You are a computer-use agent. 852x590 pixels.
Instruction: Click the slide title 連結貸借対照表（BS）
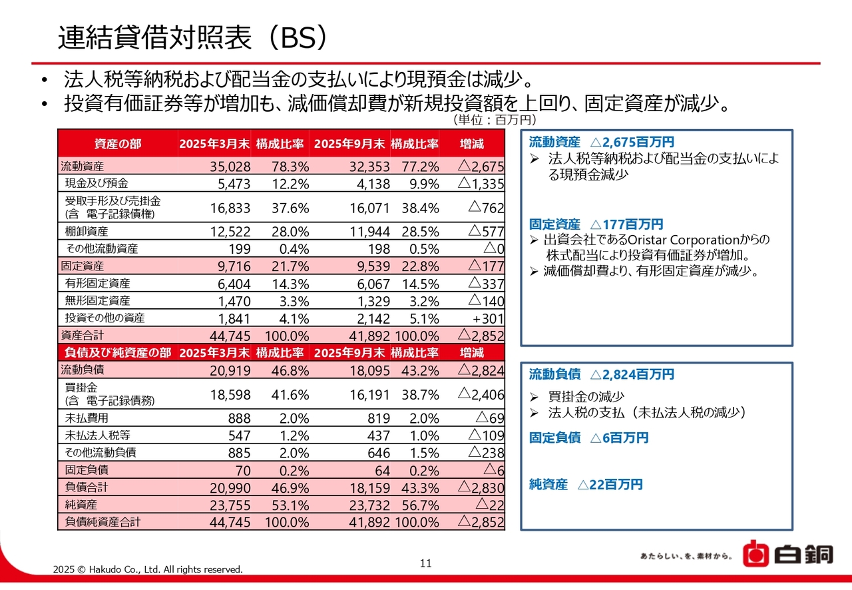point(193,37)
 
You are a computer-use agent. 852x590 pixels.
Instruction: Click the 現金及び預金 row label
point(97,183)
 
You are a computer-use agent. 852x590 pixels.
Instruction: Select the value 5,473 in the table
point(230,183)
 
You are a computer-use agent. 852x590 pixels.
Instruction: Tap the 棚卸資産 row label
point(87,231)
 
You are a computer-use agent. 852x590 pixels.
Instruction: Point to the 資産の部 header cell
point(118,144)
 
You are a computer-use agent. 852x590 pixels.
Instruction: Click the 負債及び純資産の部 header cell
point(117,352)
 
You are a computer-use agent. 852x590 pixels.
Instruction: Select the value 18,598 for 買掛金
point(230,394)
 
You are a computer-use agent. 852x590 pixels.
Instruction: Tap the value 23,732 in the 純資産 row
point(369,505)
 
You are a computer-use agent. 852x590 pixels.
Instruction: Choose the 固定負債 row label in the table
point(87,470)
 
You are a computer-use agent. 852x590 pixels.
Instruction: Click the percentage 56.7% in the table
point(420,505)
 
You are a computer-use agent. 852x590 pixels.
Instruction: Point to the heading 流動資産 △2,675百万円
point(601,142)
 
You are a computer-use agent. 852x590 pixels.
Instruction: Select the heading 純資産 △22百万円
point(586,485)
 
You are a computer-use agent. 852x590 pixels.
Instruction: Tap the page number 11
point(426,563)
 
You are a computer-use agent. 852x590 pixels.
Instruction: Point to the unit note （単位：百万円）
point(495,120)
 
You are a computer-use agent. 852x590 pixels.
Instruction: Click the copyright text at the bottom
point(148,569)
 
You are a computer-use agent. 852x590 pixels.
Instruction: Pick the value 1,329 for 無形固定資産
point(369,301)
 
